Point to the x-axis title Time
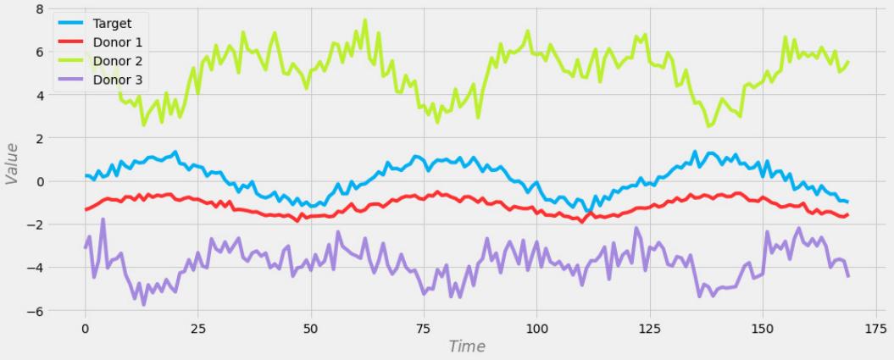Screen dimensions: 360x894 (467, 346)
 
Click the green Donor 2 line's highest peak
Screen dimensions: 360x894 (365, 20)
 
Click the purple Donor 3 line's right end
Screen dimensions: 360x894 (848, 276)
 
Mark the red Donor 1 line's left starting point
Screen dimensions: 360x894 (86, 209)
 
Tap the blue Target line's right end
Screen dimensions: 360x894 (848, 202)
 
